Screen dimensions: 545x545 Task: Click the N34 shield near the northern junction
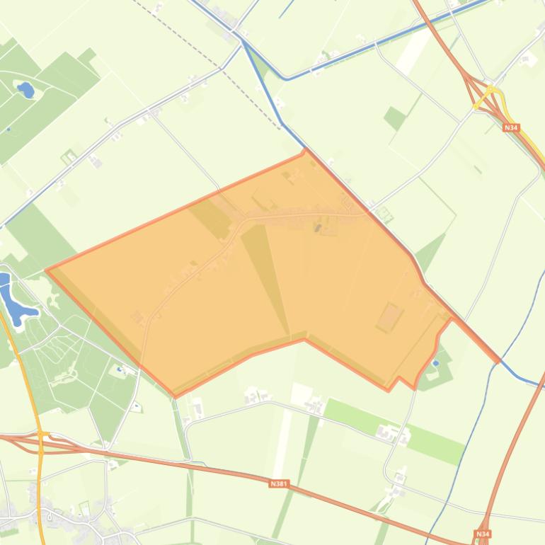[x=511, y=127]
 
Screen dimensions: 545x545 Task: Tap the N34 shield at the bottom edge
[x=482, y=534]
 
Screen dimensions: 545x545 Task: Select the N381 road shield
[x=279, y=484]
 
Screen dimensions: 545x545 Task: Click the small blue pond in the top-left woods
[x=26, y=90]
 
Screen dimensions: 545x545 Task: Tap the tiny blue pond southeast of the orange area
[x=436, y=363]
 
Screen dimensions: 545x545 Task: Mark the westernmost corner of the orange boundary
[x=46, y=270]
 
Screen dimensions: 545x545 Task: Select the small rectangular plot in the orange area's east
[x=389, y=317]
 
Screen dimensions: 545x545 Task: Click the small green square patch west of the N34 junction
[x=395, y=117]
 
